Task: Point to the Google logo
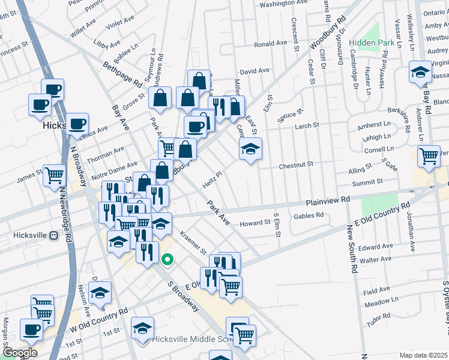click(20, 353)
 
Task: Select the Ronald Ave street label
click(270, 44)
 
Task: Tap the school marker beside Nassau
click(420, 73)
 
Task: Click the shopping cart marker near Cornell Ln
click(429, 156)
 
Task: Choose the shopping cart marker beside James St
click(54, 175)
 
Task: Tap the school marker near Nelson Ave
click(100, 293)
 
